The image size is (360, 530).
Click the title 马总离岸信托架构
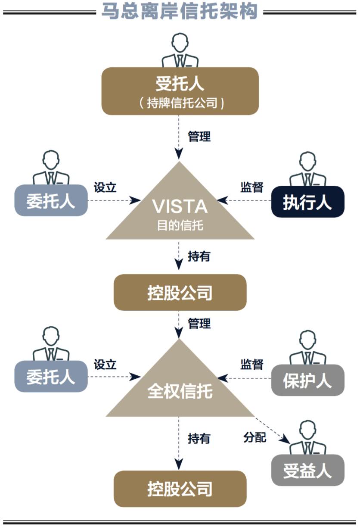pyautogui.click(x=180, y=11)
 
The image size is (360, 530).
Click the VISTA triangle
pyautogui.click(x=180, y=211)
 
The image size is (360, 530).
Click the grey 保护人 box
pyautogui.click(x=307, y=380)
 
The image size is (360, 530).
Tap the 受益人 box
pyautogui.click(x=307, y=470)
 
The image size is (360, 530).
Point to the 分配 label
pyautogui.click(x=255, y=438)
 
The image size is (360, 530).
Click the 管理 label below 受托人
pyautogui.click(x=199, y=137)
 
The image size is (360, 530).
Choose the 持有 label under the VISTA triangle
pyautogui.click(x=199, y=256)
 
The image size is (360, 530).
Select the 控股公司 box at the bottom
pyautogui.click(x=180, y=489)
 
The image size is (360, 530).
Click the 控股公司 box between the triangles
pyautogui.click(x=180, y=293)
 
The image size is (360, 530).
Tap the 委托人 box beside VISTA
pyautogui.click(x=51, y=201)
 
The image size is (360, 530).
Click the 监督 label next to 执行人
pyautogui.click(x=252, y=188)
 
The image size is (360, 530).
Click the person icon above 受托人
pyautogui.click(x=180, y=51)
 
